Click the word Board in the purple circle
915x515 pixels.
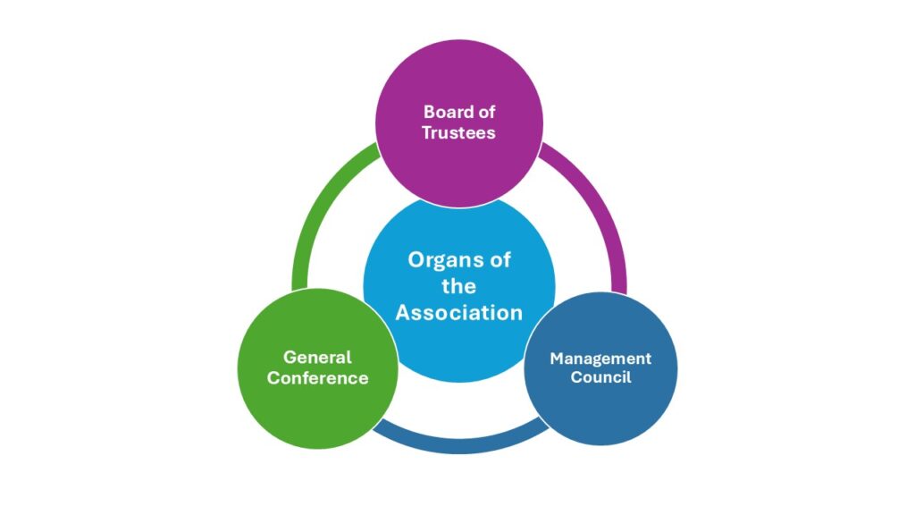coord(445,113)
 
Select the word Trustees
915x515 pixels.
coord(459,132)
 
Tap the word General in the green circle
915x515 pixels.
coord(317,358)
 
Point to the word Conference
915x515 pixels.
coord(317,377)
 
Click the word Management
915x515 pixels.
coord(600,359)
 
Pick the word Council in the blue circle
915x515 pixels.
coord(600,377)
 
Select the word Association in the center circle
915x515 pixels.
coord(459,313)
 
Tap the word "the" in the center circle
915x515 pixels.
coord(459,287)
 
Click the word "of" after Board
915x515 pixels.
coord(486,113)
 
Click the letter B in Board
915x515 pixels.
coord(429,113)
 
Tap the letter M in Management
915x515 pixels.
coord(556,359)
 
